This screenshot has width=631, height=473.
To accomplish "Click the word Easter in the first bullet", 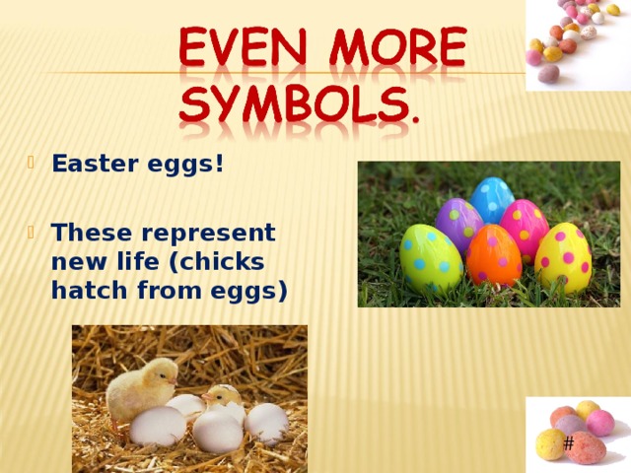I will point(90,164).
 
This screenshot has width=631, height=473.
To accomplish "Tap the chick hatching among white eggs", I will point(223,399).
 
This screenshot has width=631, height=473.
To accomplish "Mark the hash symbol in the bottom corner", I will point(569,443).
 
